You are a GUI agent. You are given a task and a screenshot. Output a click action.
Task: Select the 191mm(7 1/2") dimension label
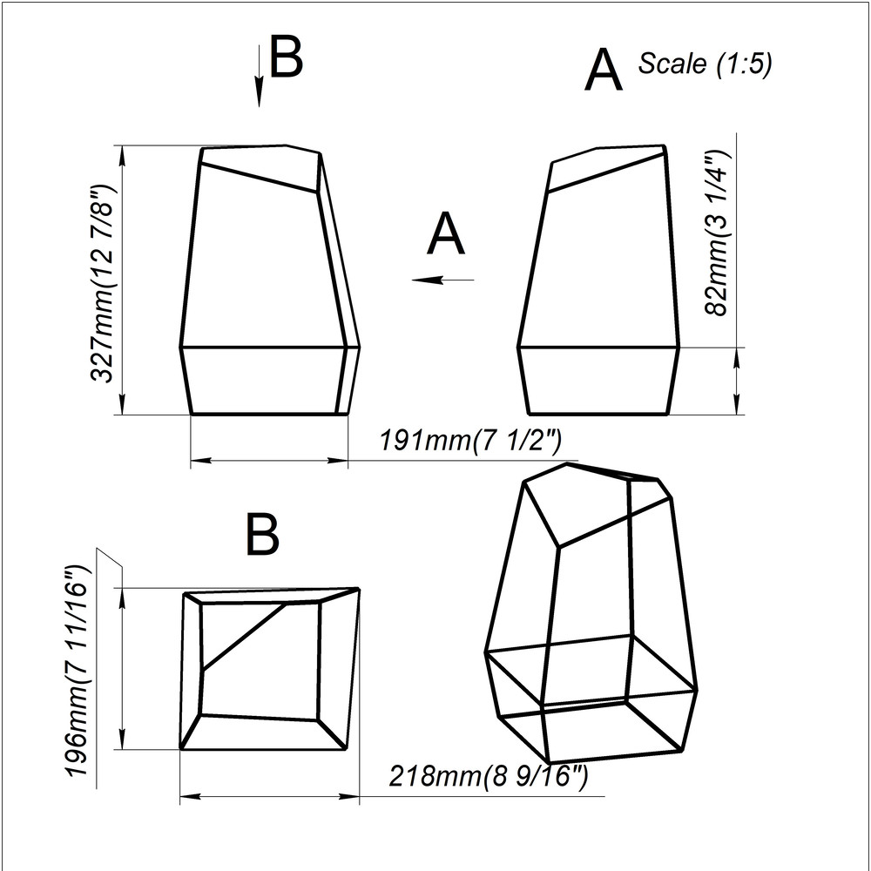click(x=470, y=441)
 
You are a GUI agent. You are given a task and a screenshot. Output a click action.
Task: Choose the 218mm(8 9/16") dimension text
click(x=488, y=775)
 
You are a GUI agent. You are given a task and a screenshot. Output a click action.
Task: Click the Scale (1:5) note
click(x=705, y=64)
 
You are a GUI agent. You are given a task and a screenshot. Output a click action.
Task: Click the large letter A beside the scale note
click(x=604, y=70)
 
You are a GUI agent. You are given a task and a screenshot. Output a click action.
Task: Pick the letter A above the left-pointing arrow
click(x=445, y=233)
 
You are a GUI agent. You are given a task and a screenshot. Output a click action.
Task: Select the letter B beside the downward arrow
click(x=286, y=56)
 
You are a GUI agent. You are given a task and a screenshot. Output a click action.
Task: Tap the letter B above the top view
click(x=261, y=535)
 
